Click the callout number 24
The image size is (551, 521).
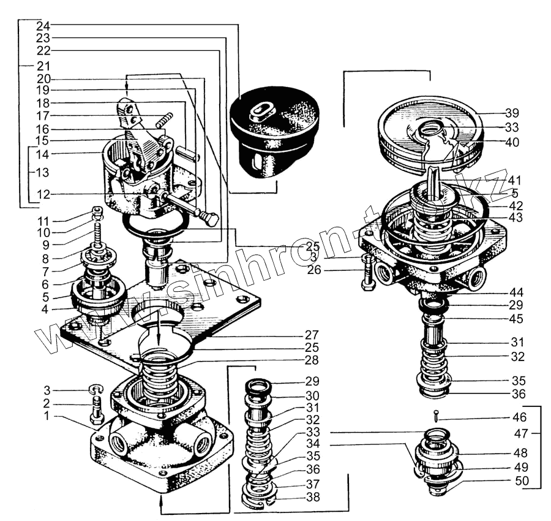coord(43,26)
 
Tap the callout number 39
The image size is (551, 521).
coord(512,113)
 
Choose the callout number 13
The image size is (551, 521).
coord(43,173)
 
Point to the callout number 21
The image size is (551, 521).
coord(43,65)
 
